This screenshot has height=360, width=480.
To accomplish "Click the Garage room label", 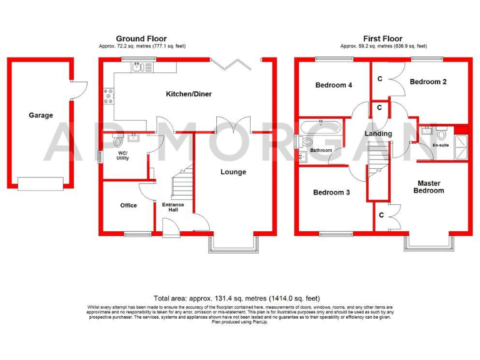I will [x=41, y=115].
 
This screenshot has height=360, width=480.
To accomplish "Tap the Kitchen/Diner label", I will [x=188, y=94].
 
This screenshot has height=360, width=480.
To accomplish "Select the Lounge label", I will [x=233, y=172].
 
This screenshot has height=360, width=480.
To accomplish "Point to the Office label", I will [x=128, y=206].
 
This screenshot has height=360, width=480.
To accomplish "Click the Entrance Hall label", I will [x=173, y=207].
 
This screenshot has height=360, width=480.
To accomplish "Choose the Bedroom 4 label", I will [x=333, y=85].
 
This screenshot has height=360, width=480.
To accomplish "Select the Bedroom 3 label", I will [x=331, y=192].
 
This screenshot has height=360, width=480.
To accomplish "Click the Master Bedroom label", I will [x=431, y=187].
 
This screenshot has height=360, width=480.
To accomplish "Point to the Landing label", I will [x=378, y=134].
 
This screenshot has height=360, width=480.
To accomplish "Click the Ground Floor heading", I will [x=142, y=39].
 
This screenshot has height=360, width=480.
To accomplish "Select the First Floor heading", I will [x=384, y=39].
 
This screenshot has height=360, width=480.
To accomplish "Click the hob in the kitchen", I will [x=109, y=96].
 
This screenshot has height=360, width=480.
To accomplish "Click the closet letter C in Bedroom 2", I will [x=381, y=79].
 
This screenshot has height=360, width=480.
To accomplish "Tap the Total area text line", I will [x=240, y=298].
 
